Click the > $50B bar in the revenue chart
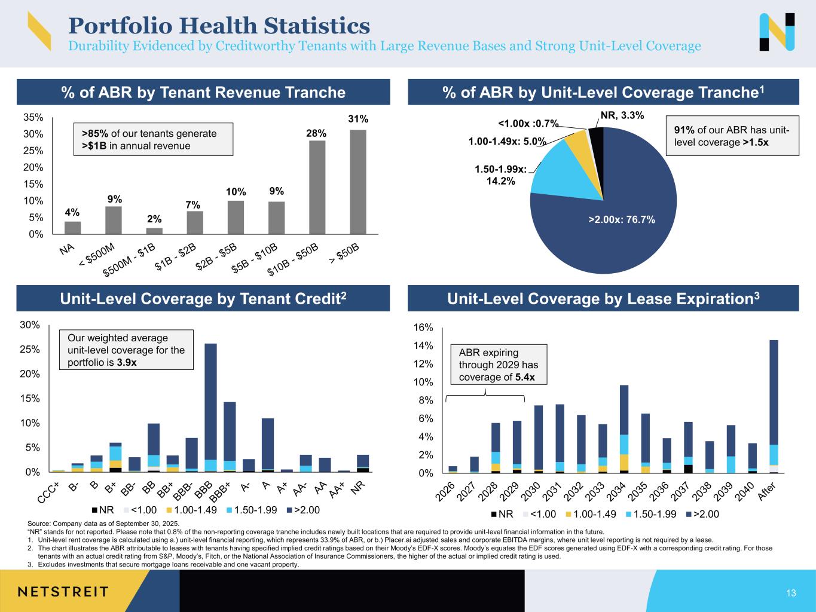(x=358, y=182)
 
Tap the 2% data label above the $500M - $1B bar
(x=154, y=219)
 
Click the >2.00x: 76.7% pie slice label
(x=622, y=220)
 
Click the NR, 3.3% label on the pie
(x=622, y=115)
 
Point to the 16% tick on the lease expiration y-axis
(x=423, y=328)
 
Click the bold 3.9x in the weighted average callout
(x=127, y=363)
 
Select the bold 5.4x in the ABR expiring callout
(x=524, y=377)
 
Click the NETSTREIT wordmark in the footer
(x=63, y=592)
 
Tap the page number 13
(x=791, y=593)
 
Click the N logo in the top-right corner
(x=777, y=32)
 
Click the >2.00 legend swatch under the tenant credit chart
(x=290, y=510)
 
